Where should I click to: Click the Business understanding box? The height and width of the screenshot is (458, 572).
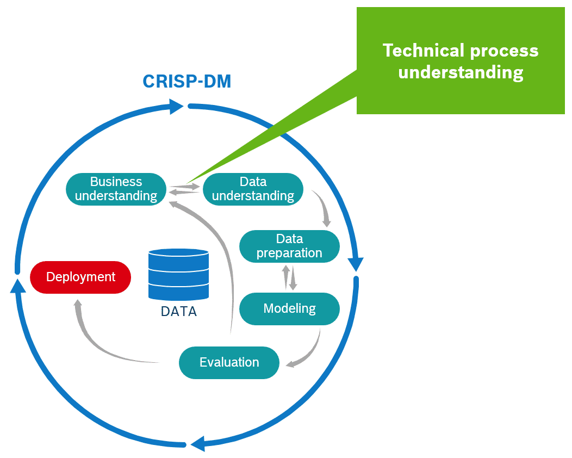pyautogui.click(x=116, y=189)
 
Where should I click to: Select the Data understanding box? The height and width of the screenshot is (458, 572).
pyautogui.click(x=253, y=189)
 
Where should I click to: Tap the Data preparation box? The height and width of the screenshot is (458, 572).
pyautogui.click(x=289, y=246)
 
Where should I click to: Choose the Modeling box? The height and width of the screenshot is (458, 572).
pyautogui.click(x=289, y=308)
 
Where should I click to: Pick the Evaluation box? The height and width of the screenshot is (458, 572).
pyautogui.click(x=229, y=362)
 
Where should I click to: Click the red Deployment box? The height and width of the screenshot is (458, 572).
pyautogui.click(x=80, y=277)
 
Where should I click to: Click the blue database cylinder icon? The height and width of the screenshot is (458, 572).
pyautogui.click(x=178, y=274)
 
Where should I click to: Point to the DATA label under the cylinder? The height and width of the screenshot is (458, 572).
pyautogui.click(x=178, y=312)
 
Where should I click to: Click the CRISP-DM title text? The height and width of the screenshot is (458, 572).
pyautogui.click(x=186, y=82)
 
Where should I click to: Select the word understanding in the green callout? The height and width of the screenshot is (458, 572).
pyautogui.click(x=461, y=72)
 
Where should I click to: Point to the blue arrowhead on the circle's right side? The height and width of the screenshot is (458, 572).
pyautogui.click(x=356, y=264)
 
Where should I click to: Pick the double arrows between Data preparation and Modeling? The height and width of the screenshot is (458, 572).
pyautogui.click(x=289, y=277)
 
